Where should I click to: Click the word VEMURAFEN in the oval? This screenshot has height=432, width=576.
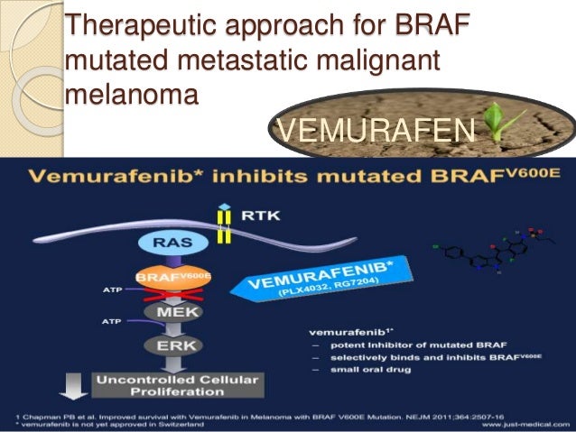(374, 133)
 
